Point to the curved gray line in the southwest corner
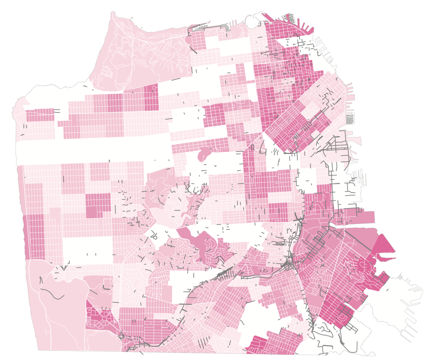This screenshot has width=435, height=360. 53,293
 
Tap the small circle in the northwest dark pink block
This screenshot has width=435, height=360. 153,88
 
